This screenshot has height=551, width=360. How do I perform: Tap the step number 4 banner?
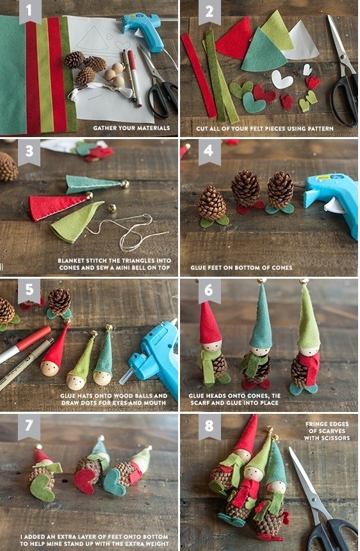pyautogui.click(x=209, y=151)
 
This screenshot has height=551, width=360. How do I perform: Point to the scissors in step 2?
pyautogui.click(x=343, y=74)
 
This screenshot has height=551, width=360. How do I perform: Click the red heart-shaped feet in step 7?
pyautogui.click(x=85, y=481)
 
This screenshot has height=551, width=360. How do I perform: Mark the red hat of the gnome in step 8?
pyautogui.click(x=246, y=435)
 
